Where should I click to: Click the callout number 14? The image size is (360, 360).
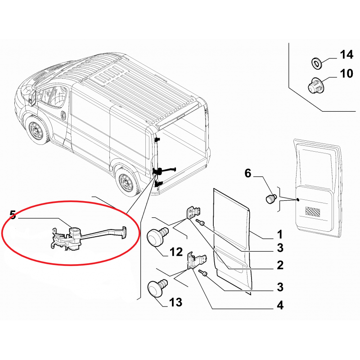click(346, 54)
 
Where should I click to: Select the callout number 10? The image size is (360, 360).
click(346, 73)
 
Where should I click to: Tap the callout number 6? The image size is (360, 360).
click(248, 173)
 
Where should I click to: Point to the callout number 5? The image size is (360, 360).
click(13, 215)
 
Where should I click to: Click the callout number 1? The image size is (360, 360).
click(279, 234)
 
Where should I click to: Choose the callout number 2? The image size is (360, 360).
click(280, 265)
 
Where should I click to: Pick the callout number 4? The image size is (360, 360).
click(280, 306)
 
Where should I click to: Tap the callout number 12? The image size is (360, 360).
click(176, 252)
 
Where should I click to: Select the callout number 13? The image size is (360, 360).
click(175, 302)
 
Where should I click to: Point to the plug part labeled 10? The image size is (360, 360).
click(315, 86)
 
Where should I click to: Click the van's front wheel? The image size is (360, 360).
click(37, 131)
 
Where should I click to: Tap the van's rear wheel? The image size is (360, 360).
click(126, 183)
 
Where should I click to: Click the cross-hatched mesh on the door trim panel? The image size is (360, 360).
click(313, 211)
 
